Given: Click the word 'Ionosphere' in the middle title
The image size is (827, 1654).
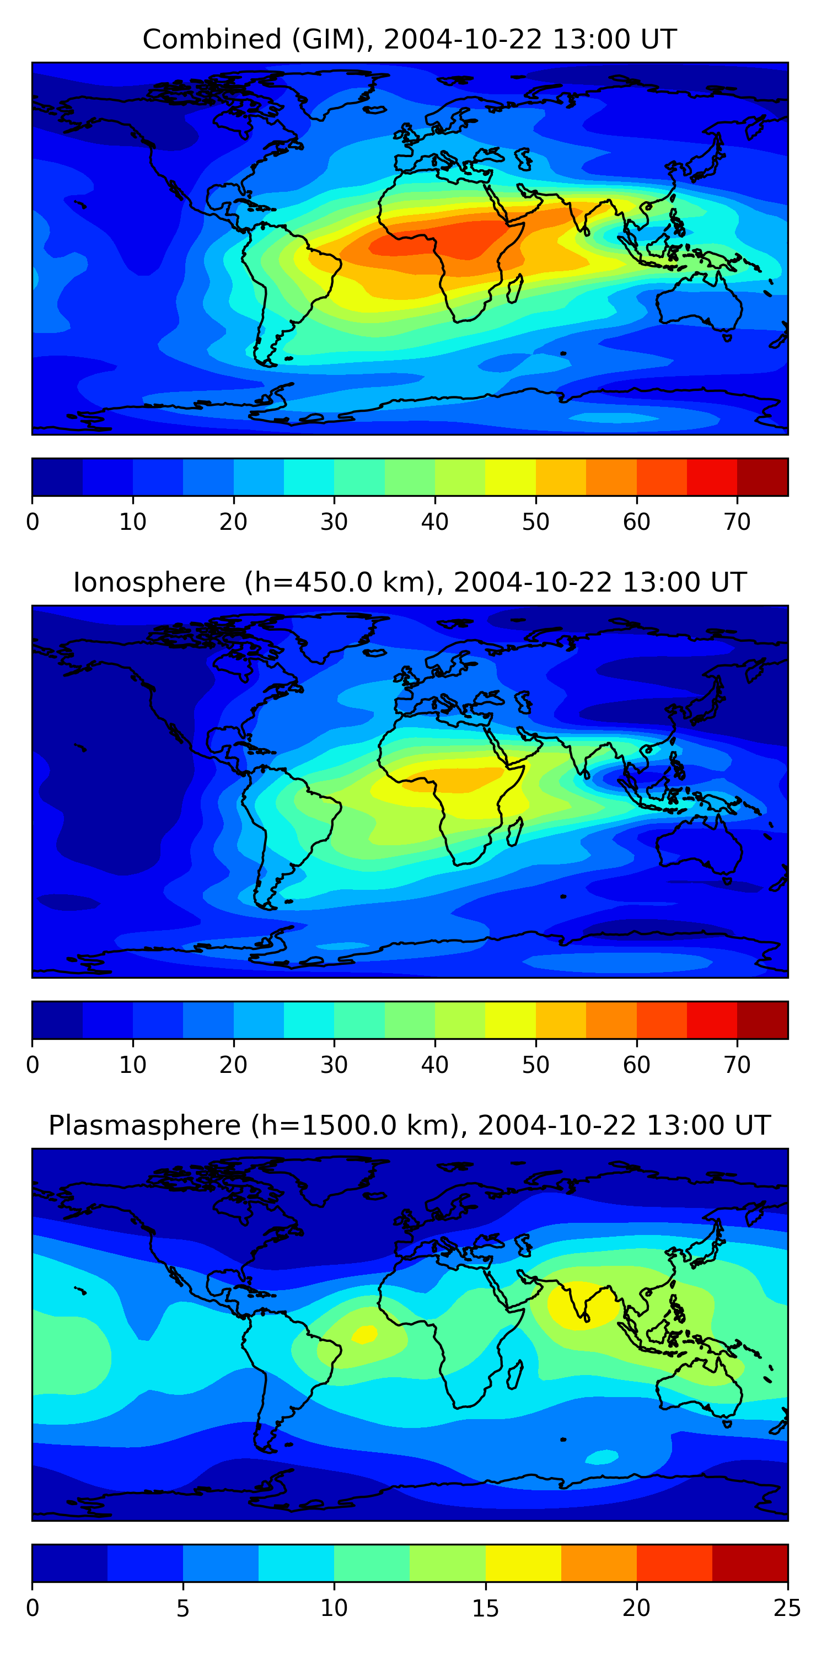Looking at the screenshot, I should (x=149, y=582).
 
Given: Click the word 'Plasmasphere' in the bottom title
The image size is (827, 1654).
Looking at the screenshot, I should (x=144, y=1126).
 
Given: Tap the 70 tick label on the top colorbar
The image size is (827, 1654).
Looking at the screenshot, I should (x=737, y=522).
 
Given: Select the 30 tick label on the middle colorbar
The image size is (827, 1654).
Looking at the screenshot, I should (x=334, y=1065).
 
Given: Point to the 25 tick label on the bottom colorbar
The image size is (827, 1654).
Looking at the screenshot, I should (x=787, y=1608).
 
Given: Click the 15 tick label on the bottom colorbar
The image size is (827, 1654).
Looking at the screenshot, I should (x=485, y=1608).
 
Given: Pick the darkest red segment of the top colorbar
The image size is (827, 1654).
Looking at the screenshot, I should (x=762, y=477).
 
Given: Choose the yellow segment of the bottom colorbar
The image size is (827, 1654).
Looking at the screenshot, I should (x=523, y=1564).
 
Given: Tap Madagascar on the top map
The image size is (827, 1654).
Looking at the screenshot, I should (x=514, y=289).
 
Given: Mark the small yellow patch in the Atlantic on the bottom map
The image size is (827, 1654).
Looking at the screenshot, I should (x=364, y=1334).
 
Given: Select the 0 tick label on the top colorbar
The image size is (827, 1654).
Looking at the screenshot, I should (x=33, y=522).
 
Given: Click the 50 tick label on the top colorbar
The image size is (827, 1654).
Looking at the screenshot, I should (x=535, y=522).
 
